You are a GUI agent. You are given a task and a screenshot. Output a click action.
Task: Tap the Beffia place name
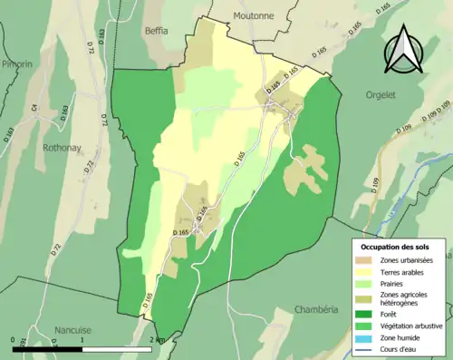tap(156, 30)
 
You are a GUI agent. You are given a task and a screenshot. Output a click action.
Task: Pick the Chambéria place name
tap(315, 309)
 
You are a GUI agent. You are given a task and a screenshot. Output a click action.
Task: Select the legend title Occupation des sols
tap(395, 247)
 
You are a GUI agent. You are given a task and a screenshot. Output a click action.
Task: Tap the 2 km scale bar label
tap(158, 340)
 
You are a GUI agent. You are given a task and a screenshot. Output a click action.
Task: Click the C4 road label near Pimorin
tap(36, 108)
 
